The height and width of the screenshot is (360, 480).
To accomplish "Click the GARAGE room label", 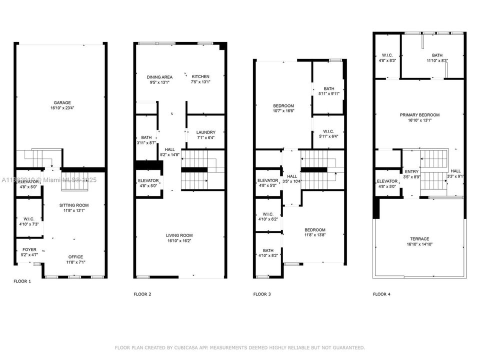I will click(x=59, y=102).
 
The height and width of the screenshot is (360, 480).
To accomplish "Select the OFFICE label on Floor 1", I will click(x=76, y=257).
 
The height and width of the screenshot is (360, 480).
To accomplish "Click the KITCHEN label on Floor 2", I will click(x=200, y=76).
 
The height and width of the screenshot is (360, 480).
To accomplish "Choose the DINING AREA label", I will click(x=159, y=77).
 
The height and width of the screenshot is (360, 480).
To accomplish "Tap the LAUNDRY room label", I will click(x=205, y=132).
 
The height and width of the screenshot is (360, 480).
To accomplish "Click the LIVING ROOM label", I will click(x=179, y=235).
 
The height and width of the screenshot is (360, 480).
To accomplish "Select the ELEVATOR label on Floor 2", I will click(x=148, y=180).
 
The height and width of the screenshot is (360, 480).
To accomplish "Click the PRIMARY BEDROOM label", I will click(x=419, y=115).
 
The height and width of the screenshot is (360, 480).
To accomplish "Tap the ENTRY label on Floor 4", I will click(x=411, y=171).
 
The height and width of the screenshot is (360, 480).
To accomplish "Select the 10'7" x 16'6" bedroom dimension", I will click(x=283, y=111).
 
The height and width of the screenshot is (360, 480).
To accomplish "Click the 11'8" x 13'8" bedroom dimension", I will click(x=315, y=235).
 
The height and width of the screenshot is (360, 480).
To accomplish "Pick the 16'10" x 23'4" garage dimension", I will click(x=59, y=107).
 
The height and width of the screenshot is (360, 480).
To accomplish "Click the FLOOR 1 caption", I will click(x=22, y=281).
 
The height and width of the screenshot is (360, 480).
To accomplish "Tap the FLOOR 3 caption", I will click(x=262, y=294).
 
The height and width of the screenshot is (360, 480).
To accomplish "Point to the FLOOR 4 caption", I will click(x=381, y=294).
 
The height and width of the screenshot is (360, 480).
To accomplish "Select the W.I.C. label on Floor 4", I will click(x=387, y=55).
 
